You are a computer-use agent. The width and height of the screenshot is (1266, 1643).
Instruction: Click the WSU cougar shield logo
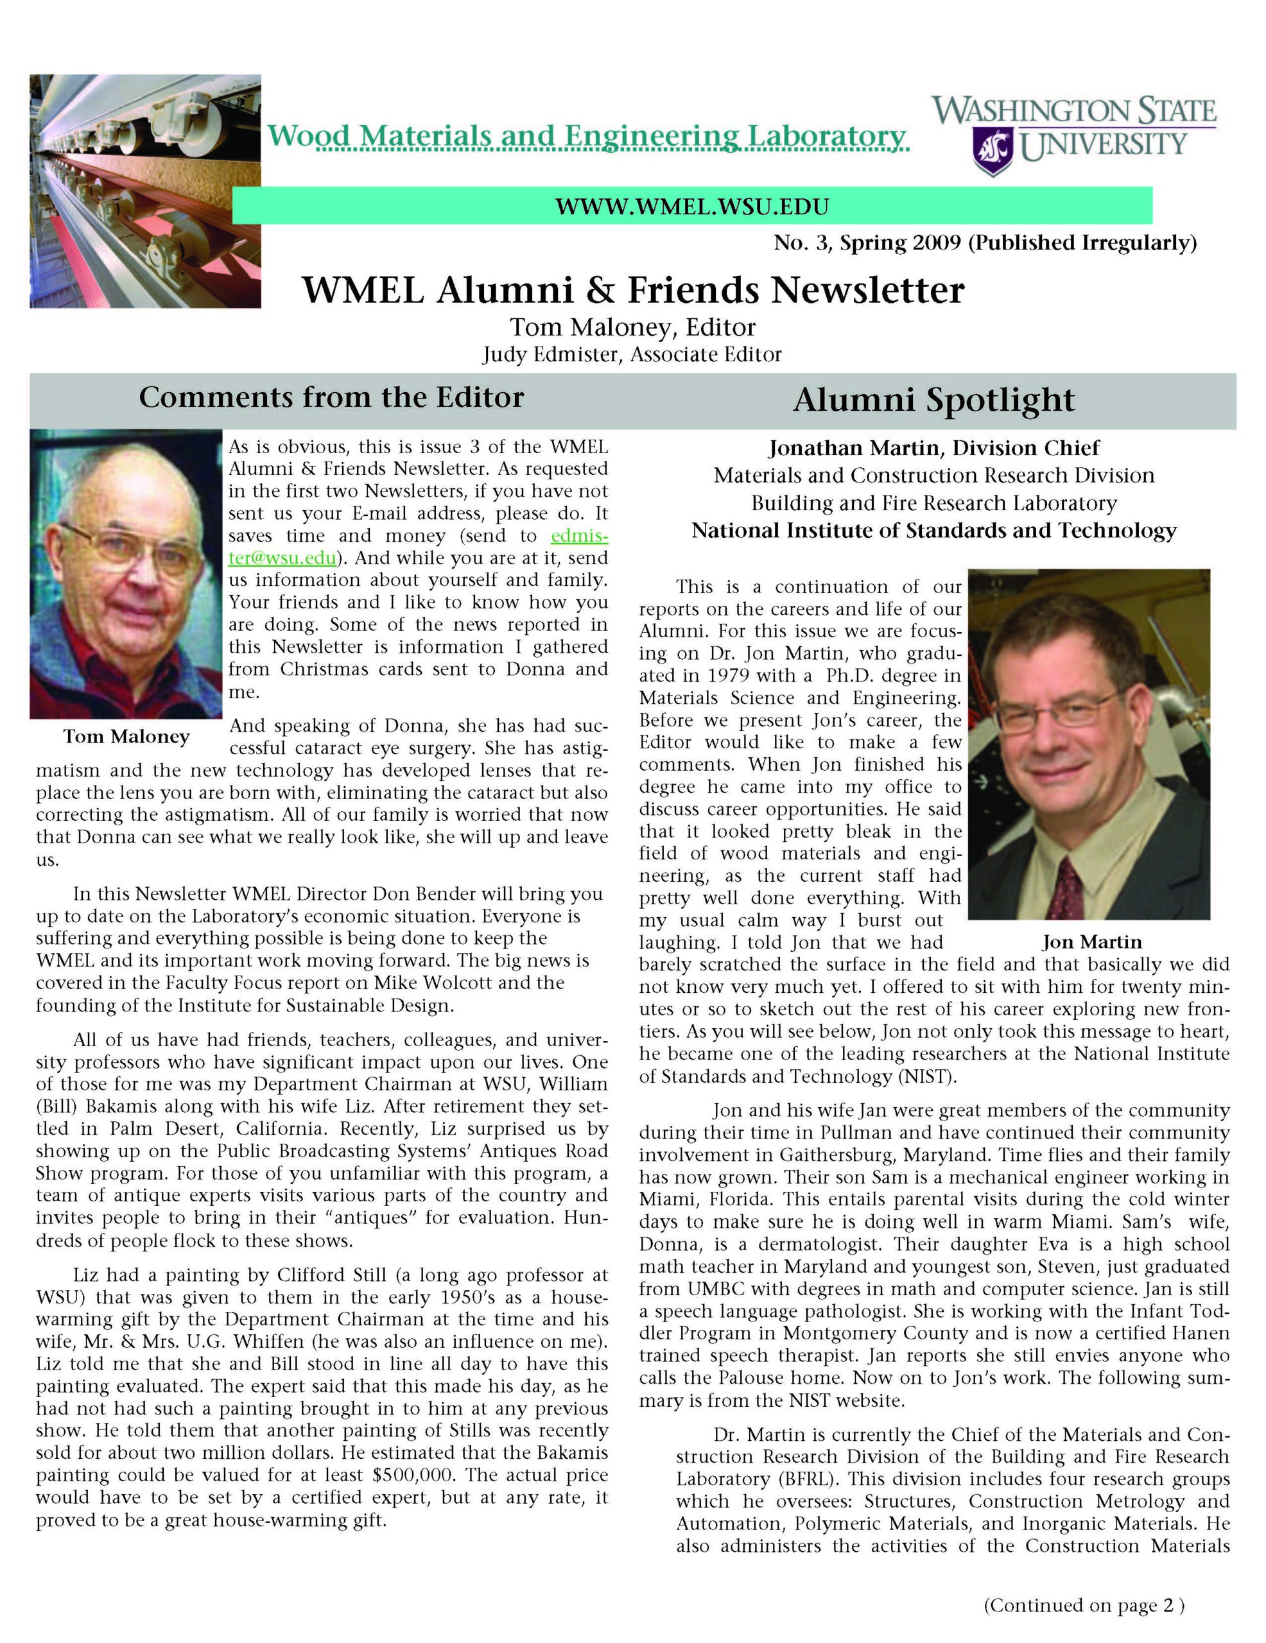[x=992, y=150]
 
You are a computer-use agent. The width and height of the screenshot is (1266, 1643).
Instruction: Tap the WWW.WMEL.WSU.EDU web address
[x=691, y=205]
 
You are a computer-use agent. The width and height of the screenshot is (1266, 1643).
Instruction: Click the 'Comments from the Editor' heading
[x=331, y=398]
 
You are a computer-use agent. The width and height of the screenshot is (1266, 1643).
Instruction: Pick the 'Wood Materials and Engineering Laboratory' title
[x=587, y=136]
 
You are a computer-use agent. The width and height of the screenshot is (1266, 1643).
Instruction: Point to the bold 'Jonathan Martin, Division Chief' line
[x=933, y=449]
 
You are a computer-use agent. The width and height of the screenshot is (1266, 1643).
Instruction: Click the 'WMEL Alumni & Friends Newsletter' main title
[x=632, y=290]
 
